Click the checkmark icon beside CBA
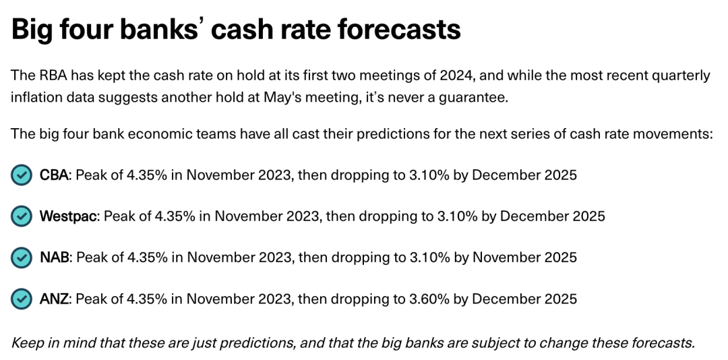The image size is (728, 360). tap(22, 175)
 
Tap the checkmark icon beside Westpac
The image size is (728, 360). tap(22, 216)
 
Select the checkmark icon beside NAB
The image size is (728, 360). tap(22, 258)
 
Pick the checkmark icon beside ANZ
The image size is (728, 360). tap(22, 299)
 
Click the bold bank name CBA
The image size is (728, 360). tap(55, 175)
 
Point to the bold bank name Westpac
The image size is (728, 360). tap(69, 216)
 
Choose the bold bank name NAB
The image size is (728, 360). tap(55, 258)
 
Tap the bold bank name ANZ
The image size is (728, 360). tap(55, 299)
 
